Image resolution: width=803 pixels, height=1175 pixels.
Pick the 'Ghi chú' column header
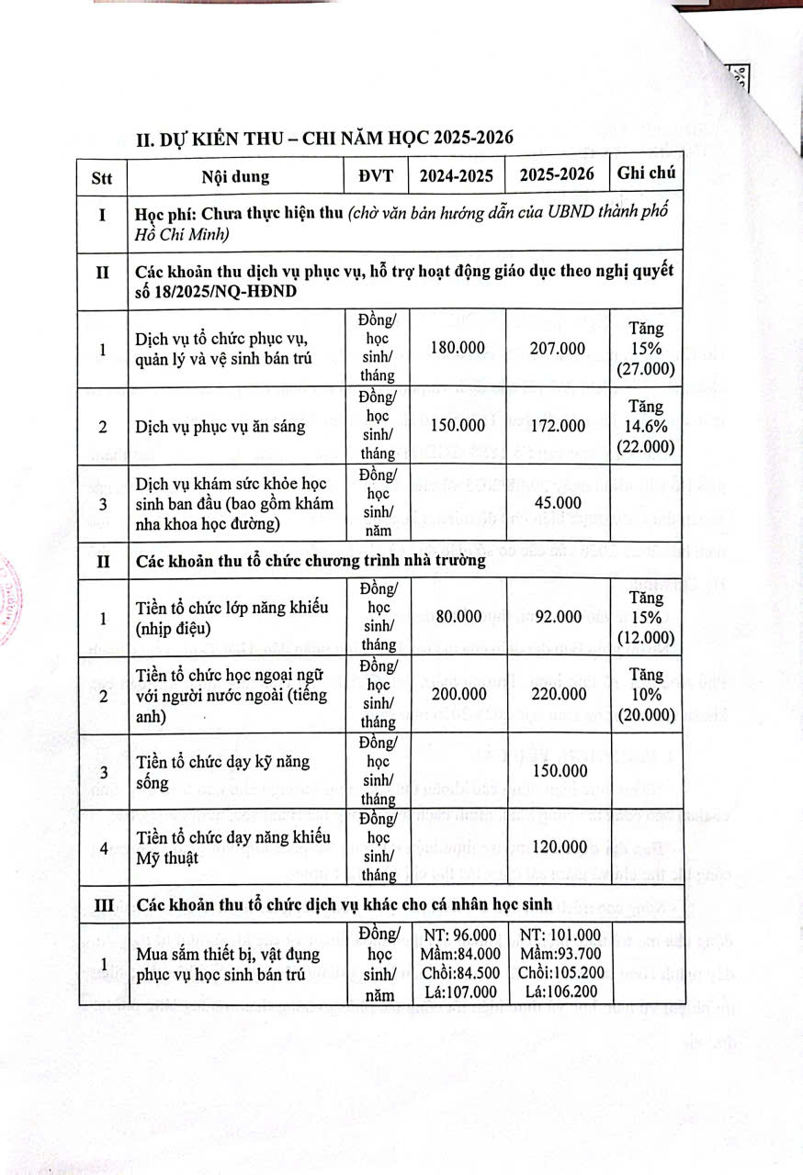click(646, 174)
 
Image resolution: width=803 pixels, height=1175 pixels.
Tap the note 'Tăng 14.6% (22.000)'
click(646, 426)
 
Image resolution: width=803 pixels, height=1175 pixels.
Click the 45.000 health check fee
click(557, 502)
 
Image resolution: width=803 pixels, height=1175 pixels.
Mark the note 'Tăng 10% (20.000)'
click(646, 695)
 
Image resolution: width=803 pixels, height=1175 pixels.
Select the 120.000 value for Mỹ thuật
click(557, 846)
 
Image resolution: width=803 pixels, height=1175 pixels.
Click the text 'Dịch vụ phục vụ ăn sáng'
click(214, 426)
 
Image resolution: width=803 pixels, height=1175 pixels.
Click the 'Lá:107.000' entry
click(458, 991)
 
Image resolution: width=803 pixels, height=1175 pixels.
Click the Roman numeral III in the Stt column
click(102, 903)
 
